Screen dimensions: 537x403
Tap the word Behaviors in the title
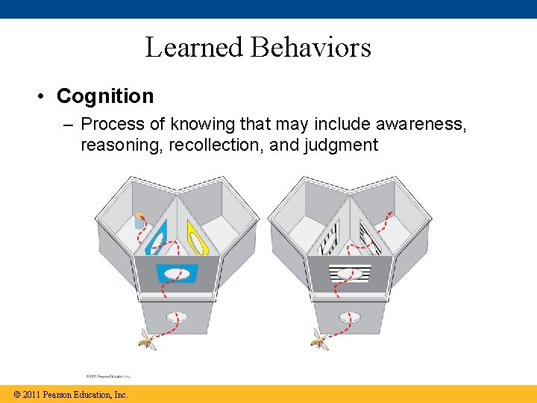click(x=311, y=47)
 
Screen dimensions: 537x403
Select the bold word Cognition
click(x=105, y=96)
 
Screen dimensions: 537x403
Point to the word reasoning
click(x=122, y=144)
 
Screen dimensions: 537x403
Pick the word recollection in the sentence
click(x=216, y=144)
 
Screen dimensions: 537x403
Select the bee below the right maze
click(x=318, y=340)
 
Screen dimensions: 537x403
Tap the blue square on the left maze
click(x=177, y=273)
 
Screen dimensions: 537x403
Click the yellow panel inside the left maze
click(x=197, y=237)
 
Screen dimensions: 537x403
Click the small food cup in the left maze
click(x=139, y=220)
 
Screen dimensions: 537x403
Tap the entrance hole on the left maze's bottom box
click(x=176, y=316)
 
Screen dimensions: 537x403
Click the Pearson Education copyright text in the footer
click(x=66, y=395)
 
